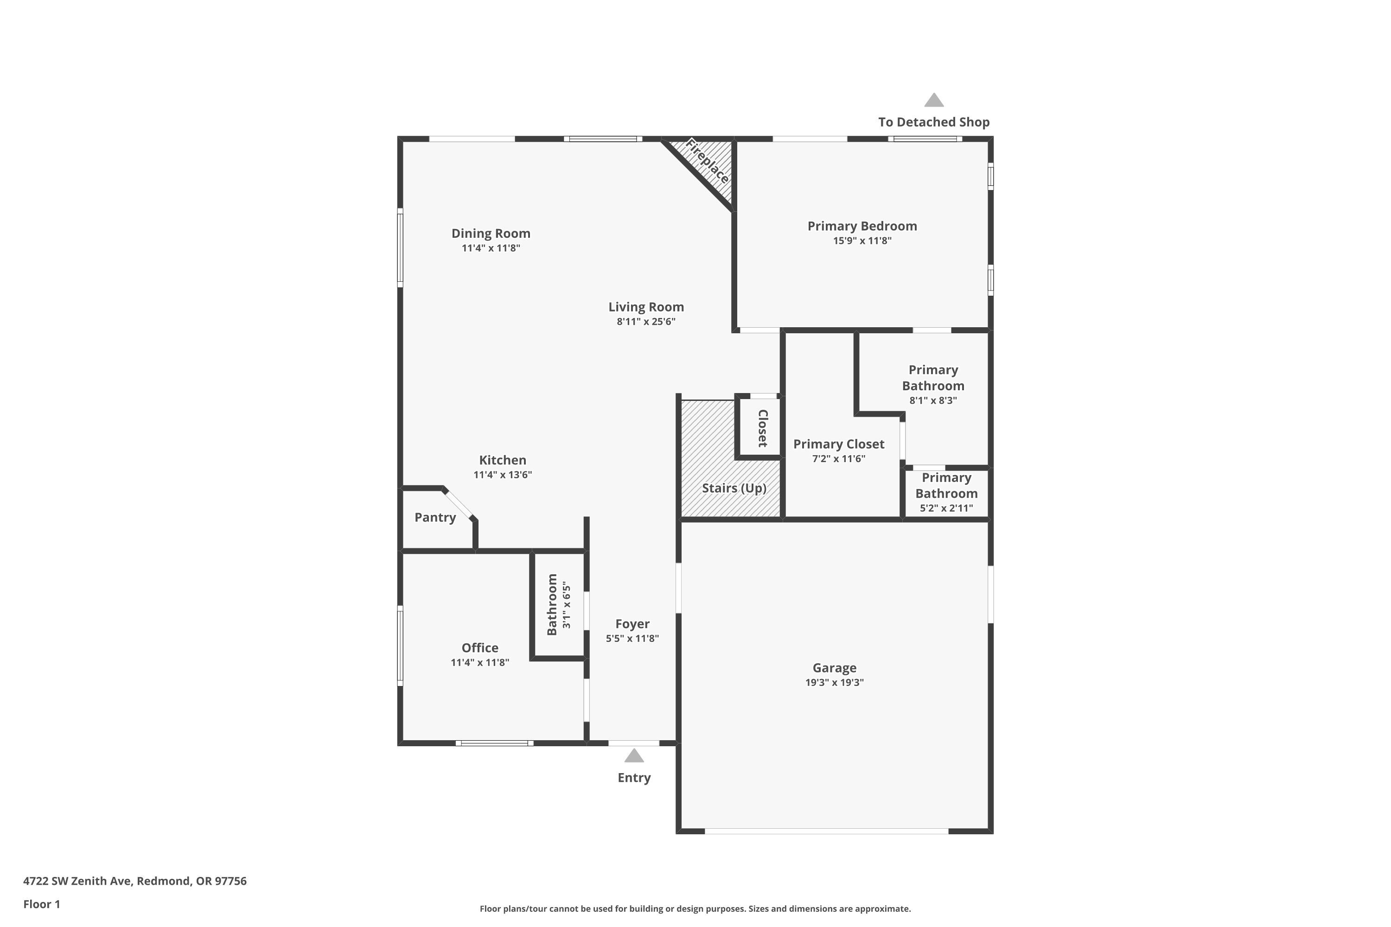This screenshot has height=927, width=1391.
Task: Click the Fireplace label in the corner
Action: (708, 161)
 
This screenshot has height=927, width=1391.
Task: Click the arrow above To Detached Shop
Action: (934, 100)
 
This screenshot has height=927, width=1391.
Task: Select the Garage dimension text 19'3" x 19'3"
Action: (835, 682)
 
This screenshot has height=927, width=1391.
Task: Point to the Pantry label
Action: (435, 517)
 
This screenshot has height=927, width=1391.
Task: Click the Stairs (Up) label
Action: (734, 489)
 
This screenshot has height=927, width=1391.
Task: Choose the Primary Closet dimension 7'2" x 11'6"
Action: (839, 459)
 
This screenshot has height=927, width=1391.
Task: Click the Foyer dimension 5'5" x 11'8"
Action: (632, 639)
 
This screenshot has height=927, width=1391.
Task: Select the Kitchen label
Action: (503, 460)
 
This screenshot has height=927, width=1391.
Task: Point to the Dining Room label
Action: (491, 234)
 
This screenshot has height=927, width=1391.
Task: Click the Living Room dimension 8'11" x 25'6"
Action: (646, 322)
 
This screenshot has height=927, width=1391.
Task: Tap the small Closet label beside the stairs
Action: (763, 428)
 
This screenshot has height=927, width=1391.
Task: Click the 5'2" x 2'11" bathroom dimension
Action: (946, 508)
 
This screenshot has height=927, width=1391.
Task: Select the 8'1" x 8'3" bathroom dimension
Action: (933, 400)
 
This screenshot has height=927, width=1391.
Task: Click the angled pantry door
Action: (459, 504)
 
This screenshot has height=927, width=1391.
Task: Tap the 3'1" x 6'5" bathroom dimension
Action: (567, 605)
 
